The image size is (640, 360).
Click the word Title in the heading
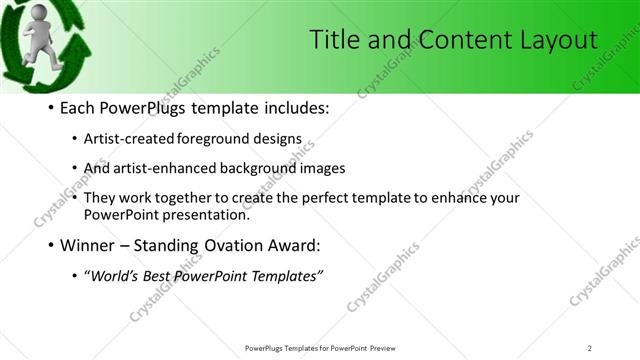pos(332,40)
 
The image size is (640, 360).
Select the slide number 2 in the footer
pos(590,347)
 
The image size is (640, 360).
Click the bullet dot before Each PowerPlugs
pos(50,108)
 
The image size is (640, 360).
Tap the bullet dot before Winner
pos(50,245)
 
